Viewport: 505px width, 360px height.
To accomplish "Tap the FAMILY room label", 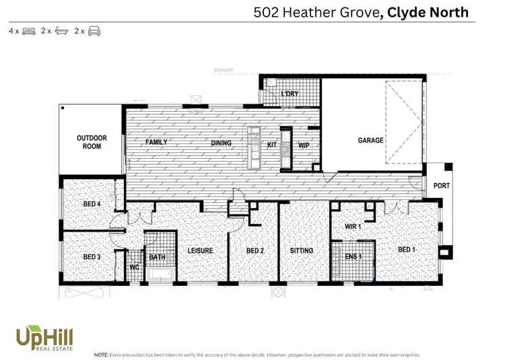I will tap(156, 143).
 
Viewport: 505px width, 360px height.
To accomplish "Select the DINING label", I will tap(221, 143).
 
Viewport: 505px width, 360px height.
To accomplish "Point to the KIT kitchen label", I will tap(272, 144).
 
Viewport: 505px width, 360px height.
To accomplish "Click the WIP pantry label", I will tap(303, 144).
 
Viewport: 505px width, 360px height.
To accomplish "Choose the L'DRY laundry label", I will tap(290, 94).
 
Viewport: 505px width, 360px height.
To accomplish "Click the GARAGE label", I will tap(370, 141).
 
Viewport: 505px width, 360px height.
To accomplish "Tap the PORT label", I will tap(441, 186).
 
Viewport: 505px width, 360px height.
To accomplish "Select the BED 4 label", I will tap(92, 204).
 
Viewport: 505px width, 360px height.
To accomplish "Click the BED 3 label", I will tap(92, 257).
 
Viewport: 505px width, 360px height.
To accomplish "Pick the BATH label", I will tap(157, 257).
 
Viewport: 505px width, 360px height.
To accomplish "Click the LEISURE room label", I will tap(200, 251).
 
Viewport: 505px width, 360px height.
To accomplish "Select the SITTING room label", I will tap(302, 251).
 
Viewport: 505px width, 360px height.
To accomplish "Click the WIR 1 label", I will tap(353, 227).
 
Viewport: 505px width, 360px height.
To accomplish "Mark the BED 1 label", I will tap(407, 250).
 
